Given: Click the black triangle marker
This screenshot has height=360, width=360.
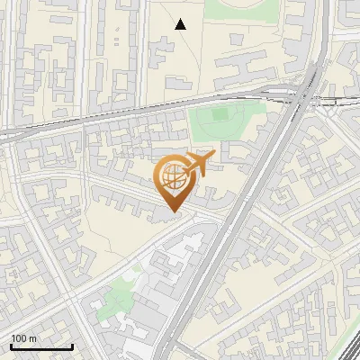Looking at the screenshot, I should [x=181, y=24].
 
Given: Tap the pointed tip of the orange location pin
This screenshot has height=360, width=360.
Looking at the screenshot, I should [x=172, y=213].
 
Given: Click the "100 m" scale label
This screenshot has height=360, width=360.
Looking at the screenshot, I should [x=23, y=338].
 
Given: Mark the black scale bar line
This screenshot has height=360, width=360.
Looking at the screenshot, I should [x=40, y=346].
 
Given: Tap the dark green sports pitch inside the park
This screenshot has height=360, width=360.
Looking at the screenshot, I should [x=220, y=116].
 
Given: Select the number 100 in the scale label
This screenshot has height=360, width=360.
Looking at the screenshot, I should [x=19, y=338].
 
